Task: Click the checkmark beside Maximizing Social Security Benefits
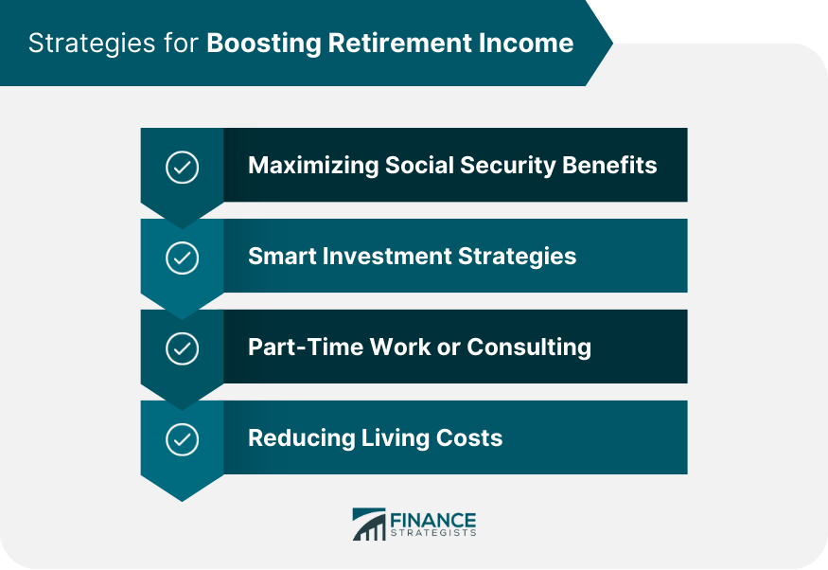182,167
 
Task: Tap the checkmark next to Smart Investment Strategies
182,258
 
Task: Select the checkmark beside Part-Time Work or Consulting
182,348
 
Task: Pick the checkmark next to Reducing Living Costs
182,439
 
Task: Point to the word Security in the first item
509,166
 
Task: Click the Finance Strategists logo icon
369,525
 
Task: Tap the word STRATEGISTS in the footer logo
433,534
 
